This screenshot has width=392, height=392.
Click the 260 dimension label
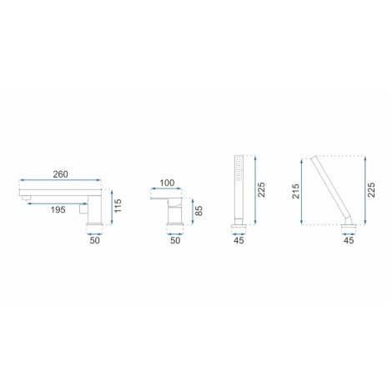tap(60, 174)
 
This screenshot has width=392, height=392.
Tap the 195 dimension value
tap(58, 209)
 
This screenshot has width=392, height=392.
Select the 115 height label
tap(118, 206)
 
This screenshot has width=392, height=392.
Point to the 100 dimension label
tap(167, 183)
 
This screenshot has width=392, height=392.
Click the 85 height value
tap(199, 211)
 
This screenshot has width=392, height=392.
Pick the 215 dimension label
tap(296, 191)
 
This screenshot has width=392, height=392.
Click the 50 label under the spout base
tap(94, 240)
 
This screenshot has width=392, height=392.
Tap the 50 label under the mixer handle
tap(175, 240)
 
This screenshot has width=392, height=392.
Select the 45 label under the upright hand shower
tap(239, 240)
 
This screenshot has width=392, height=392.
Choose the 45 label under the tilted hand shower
tap(349, 240)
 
